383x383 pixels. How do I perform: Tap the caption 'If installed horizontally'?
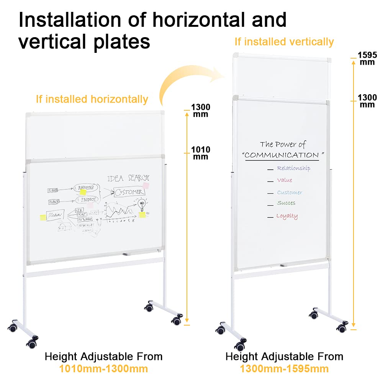92,99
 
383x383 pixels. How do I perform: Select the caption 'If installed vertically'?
284,42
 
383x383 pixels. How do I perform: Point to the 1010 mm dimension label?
201,153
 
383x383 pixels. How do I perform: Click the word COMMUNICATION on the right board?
282,155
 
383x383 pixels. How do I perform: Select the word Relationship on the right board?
294,168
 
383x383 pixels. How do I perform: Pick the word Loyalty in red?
287,216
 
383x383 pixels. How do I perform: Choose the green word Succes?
286,203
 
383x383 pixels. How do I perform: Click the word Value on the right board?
285,180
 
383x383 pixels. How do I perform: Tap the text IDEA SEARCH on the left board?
128,178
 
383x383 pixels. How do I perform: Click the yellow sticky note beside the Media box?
43,218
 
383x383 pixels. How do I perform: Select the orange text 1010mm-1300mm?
103,369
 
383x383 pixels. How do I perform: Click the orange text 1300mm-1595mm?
284,369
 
